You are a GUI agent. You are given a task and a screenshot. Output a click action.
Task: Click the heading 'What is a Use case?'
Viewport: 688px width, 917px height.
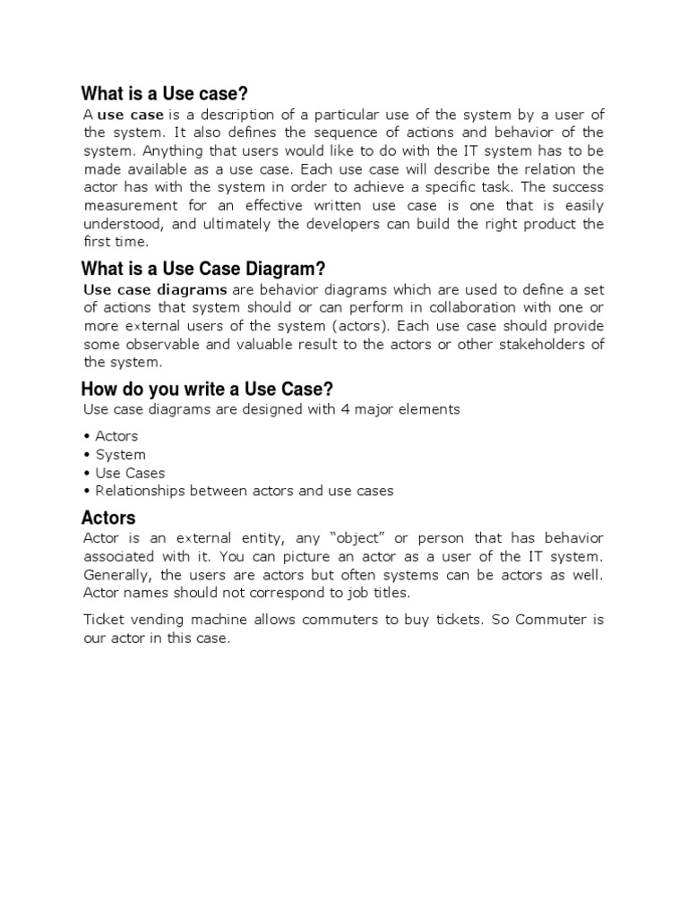pos(165,94)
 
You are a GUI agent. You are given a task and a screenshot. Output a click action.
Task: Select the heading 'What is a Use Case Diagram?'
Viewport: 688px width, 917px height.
pos(203,269)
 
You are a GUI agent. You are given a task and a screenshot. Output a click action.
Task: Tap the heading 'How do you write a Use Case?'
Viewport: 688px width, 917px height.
pos(207,389)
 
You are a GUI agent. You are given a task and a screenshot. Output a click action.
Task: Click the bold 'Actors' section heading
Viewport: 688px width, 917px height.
pos(108,518)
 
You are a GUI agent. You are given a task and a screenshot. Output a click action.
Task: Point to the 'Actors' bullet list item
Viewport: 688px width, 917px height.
pos(116,436)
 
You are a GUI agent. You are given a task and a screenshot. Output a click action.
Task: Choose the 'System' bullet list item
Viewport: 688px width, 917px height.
pos(120,454)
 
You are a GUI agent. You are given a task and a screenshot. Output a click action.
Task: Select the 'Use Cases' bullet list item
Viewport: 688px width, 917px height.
pos(130,473)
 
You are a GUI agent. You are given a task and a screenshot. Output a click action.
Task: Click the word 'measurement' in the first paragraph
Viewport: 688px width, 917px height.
pos(129,206)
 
